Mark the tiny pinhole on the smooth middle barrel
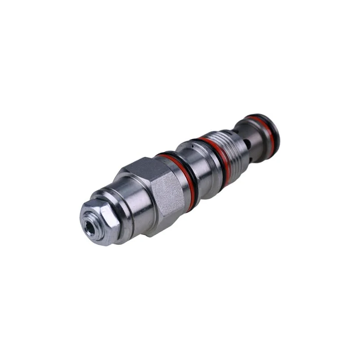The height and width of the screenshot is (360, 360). point(192,146)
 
